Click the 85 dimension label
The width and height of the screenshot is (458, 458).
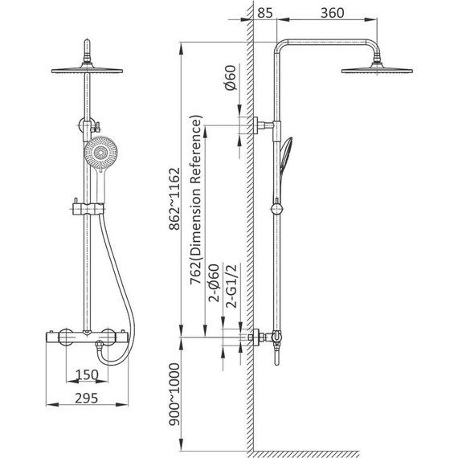pos(265,13)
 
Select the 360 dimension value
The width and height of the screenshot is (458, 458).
pos(333,13)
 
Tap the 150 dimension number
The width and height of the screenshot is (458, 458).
pos(87,374)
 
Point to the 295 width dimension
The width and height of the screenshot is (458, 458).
pos(87,398)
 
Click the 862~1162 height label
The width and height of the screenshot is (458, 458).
pos(174,198)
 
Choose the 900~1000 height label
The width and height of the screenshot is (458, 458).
pos(174,394)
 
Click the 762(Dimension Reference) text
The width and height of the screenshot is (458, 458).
pos(196,199)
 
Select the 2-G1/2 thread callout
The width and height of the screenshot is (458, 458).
pos(232,286)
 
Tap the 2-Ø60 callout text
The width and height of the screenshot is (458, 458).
pos(214,283)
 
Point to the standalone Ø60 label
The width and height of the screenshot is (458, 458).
pos(230,78)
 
